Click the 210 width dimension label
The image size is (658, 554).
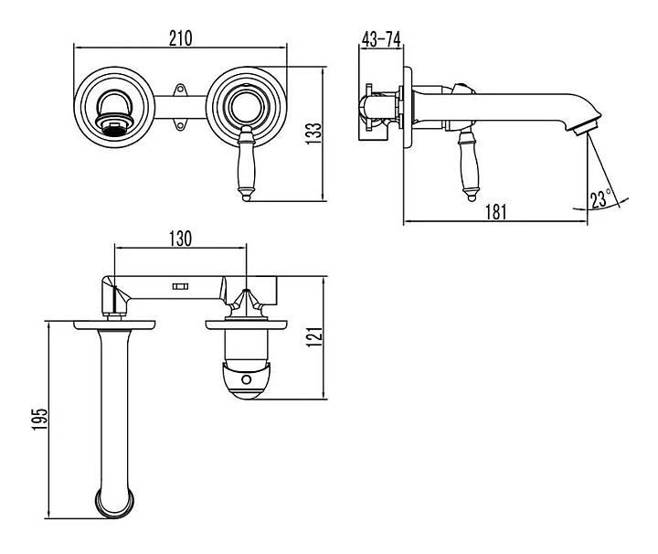click(x=181, y=38)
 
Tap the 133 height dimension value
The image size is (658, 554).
click(x=313, y=133)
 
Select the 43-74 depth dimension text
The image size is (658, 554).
click(x=381, y=39)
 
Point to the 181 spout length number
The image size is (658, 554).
click(x=496, y=212)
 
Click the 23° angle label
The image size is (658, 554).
click(x=601, y=199)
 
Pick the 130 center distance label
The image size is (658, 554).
click(x=180, y=239)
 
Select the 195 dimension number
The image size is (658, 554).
click(x=40, y=419)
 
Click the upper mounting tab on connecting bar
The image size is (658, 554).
click(x=180, y=90)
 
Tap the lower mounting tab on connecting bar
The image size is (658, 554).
click(x=180, y=124)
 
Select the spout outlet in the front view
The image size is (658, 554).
click(x=114, y=123)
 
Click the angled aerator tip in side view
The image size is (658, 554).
click(x=586, y=126)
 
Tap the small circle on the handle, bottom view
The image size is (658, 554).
click(x=247, y=380)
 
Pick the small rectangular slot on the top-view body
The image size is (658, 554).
click(x=180, y=287)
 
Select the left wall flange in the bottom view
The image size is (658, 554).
click(x=114, y=325)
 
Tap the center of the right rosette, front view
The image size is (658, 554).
click(x=247, y=107)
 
